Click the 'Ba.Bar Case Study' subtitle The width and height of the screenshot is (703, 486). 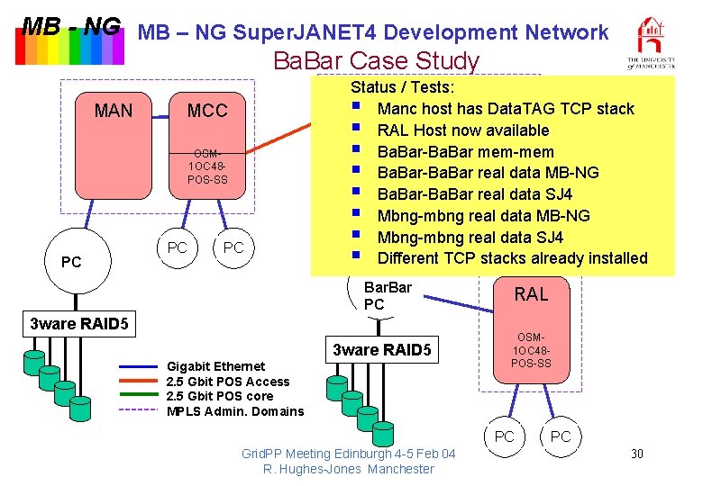pyautogui.click(x=376, y=61)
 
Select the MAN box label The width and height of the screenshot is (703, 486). pyautogui.click(x=114, y=112)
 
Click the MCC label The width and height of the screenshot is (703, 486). pyautogui.click(x=207, y=112)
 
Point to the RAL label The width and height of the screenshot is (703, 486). pyautogui.click(x=531, y=294)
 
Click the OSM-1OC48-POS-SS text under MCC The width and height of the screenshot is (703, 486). pyautogui.click(x=207, y=167)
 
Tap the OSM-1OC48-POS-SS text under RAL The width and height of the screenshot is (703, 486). pyautogui.click(x=531, y=350)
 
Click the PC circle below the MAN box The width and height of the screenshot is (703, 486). pyautogui.click(x=71, y=262)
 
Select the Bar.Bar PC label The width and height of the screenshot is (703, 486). pyautogui.click(x=387, y=296)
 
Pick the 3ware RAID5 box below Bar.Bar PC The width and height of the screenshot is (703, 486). pyautogui.click(x=383, y=349)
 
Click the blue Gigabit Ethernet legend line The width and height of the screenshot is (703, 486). pyautogui.click(x=139, y=367)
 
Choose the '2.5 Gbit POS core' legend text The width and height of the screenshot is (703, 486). pyautogui.click(x=220, y=396)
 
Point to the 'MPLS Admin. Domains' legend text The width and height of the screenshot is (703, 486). pyautogui.click(x=235, y=411)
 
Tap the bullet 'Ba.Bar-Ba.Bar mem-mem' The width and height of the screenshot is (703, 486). pyautogui.click(x=465, y=152)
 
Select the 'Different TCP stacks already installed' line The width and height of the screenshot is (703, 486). pyautogui.click(x=512, y=259)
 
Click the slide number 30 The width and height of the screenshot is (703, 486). pyautogui.click(x=636, y=453)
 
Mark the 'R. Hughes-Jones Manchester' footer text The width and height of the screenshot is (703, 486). pyautogui.click(x=348, y=469)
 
